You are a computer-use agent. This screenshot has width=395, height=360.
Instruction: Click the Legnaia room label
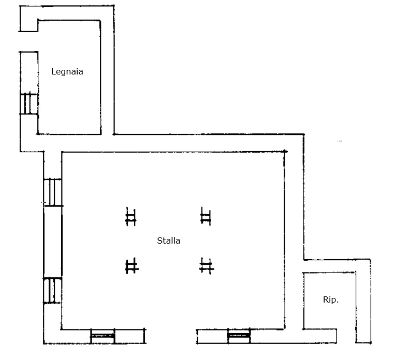[67, 72]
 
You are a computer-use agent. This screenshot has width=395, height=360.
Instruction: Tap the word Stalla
[169, 241]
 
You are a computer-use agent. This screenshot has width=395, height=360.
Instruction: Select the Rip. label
[331, 299]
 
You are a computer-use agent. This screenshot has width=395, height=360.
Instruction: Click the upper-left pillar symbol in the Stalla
[131, 217]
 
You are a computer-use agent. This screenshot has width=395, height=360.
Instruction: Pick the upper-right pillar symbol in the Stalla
[206, 216]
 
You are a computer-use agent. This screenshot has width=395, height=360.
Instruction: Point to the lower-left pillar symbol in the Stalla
[131, 266]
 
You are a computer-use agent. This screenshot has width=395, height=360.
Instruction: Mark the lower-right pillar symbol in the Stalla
[207, 266]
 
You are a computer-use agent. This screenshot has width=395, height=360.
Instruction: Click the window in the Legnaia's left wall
[28, 104]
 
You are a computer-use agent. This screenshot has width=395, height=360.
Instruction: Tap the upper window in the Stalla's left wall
[53, 192]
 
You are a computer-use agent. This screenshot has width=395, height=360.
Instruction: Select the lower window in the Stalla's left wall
[52, 290]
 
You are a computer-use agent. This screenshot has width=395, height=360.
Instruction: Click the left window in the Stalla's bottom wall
[103, 336]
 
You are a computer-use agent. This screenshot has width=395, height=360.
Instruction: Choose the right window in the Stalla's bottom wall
[239, 336]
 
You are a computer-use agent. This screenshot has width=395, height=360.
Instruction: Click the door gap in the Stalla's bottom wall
[171, 336]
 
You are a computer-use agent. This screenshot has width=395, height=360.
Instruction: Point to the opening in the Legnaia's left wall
[28, 42]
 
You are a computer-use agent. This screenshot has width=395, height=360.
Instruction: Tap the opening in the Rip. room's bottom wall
[346, 336]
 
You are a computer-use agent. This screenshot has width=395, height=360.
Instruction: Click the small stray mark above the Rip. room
[340, 141]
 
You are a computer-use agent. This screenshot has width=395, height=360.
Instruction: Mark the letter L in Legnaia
[53, 71]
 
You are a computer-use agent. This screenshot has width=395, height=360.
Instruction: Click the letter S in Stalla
[159, 241]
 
